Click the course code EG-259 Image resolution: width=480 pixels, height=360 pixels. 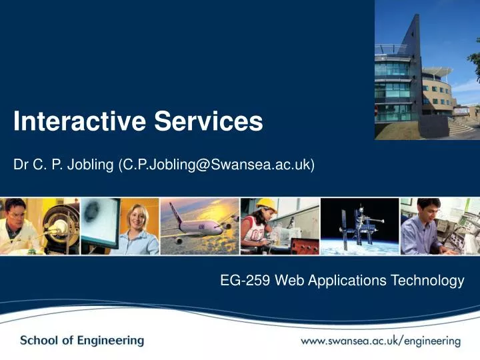coord(244,281)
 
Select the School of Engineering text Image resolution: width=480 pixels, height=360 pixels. coord(82,341)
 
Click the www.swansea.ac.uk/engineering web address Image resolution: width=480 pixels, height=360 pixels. coord(380,341)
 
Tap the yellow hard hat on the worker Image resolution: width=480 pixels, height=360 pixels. coord(267,204)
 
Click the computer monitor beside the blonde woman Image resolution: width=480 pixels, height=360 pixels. coord(100,220)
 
